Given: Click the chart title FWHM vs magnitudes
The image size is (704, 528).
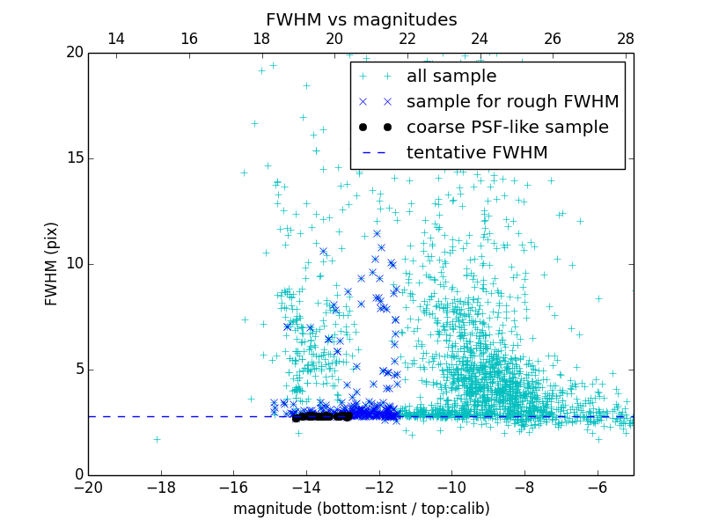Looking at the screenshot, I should [x=361, y=19].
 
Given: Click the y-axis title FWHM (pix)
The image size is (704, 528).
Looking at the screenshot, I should [x=52, y=263].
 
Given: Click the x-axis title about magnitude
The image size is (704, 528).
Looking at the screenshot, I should [x=361, y=509].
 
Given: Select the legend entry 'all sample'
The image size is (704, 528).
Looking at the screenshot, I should [x=451, y=77].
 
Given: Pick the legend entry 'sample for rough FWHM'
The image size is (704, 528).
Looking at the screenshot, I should [x=512, y=102].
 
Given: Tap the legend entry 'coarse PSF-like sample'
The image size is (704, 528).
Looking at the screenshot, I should [x=507, y=128].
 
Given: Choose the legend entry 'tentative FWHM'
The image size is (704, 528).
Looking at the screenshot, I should [x=477, y=153].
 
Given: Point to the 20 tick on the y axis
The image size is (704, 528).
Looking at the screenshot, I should [x=75, y=53].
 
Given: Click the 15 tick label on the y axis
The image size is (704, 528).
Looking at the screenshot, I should [x=75, y=158].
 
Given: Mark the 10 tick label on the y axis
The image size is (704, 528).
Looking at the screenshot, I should [x=75, y=264].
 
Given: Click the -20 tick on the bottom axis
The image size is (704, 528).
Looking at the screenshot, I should [x=88, y=487].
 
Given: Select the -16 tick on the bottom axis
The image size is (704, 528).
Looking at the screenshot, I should [x=233, y=487].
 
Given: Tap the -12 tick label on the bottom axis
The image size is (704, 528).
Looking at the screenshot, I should [x=379, y=487].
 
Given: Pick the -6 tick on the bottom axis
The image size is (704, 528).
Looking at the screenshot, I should [x=598, y=487].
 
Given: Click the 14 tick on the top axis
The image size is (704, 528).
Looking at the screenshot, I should [x=115, y=39].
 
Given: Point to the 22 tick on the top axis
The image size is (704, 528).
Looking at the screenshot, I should [x=407, y=39].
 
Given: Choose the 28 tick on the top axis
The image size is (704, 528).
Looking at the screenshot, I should [x=626, y=39].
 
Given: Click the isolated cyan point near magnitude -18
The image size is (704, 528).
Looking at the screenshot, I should [x=157, y=439].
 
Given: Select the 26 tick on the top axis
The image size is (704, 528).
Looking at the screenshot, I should [x=553, y=39].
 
